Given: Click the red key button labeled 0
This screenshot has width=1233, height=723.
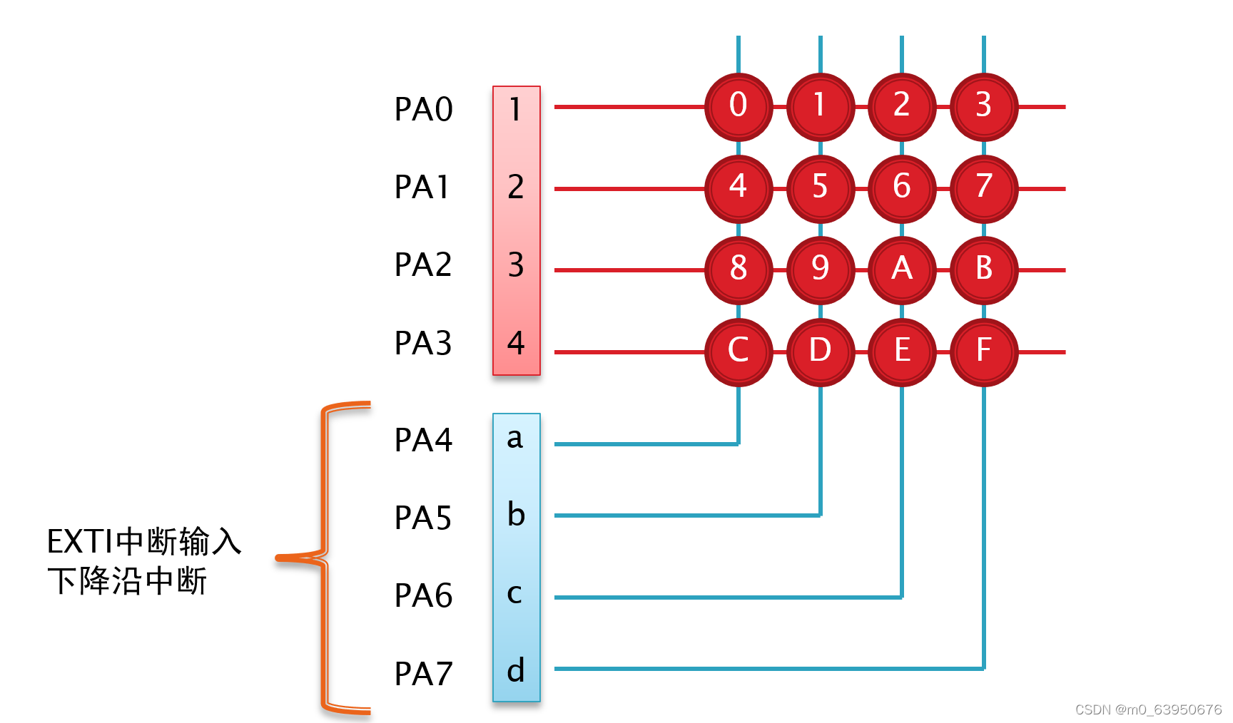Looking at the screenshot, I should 739,106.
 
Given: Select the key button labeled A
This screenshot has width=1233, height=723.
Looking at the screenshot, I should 902,270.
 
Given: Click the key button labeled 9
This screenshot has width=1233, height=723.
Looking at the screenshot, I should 820,270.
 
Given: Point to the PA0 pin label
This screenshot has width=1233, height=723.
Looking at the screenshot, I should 423,110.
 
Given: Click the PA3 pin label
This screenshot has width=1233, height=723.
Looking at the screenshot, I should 423,344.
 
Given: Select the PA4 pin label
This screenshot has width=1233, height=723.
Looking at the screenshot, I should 423,441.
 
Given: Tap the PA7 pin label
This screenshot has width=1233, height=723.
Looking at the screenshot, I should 423,674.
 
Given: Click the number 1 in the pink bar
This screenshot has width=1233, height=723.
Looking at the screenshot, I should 515,110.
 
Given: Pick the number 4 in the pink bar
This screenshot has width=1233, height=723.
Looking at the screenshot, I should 516,344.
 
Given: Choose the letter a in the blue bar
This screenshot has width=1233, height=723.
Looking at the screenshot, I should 515,439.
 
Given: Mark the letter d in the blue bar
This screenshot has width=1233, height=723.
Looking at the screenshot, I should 516,671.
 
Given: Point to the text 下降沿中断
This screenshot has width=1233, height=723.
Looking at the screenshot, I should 127,581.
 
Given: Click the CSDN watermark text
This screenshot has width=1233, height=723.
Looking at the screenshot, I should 1148,709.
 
